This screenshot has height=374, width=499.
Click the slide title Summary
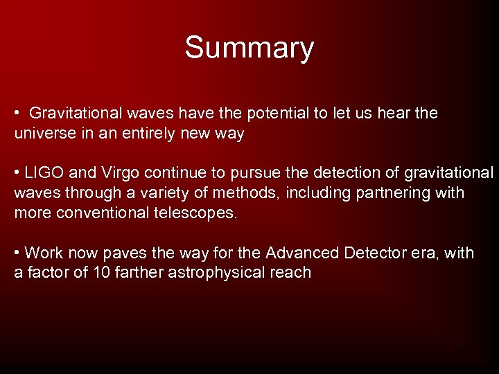point(249,48)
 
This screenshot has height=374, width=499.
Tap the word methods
point(236,193)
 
